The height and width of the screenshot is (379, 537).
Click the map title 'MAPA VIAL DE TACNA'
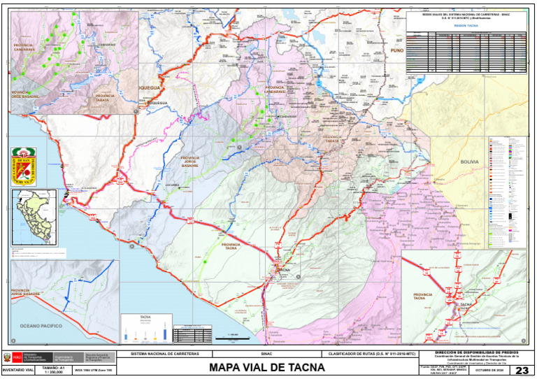(266, 367)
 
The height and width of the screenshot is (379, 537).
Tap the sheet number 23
(522, 370)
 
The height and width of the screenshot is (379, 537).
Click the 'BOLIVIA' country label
(469, 161)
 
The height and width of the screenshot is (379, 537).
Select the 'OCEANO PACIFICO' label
(41, 326)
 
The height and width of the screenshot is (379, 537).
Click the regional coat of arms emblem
(27, 166)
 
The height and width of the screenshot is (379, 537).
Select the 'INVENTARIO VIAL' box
(17, 369)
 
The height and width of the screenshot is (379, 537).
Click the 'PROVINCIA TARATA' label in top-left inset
(105, 98)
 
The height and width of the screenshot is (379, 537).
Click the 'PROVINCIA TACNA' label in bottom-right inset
(423, 296)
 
